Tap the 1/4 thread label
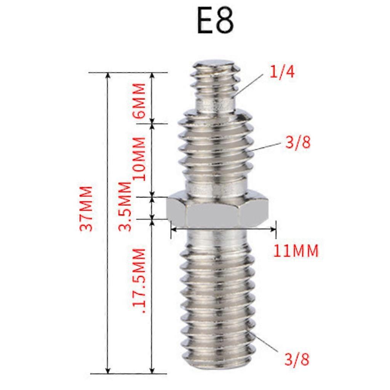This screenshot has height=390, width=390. [x=282, y=72]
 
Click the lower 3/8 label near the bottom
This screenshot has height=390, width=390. [x=297, y=359]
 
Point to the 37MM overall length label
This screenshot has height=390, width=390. [x=86, y=208]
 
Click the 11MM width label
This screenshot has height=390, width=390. [x=296, y=251]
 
